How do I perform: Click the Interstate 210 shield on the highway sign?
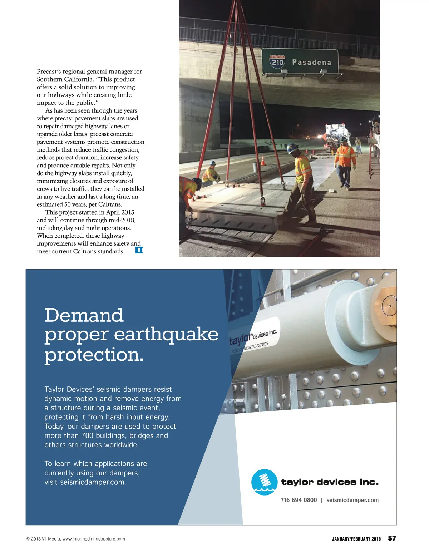tap(277, 62)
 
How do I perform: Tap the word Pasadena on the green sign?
tap(311, 63)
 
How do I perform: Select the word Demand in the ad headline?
tap(84, 315)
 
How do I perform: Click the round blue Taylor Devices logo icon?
tap(264, 482)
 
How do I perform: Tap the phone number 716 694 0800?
tap(299, 500)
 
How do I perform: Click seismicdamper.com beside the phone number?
tap(352, 500)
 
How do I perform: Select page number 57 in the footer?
tap(392, 538)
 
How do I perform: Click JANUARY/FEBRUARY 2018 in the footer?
tap(356, 539)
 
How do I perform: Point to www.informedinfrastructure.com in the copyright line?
tap(94, 539)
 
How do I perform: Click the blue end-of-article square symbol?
tap(139, 250)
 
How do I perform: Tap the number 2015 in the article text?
tap(128, 212)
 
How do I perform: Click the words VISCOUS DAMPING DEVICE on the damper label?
tap(250, 347)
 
